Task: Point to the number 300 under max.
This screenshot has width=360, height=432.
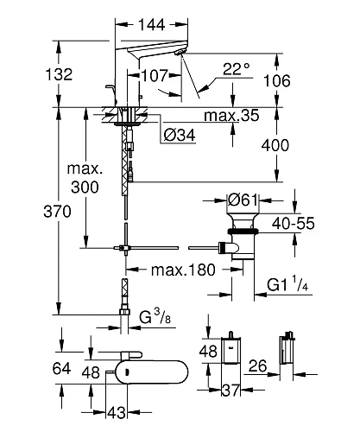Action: coord(85,187)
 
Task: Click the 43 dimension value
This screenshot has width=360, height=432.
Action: coord(117,414)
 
